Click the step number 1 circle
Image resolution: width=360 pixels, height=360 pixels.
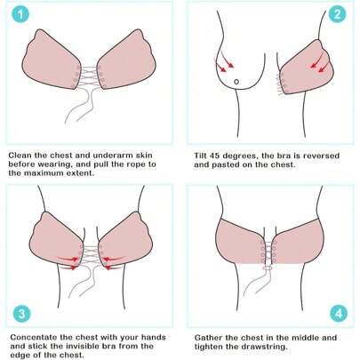(x=17, y=16)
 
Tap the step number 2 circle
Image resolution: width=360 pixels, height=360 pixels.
(x=336, y=15)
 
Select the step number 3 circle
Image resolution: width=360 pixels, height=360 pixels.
(x=17, y=314)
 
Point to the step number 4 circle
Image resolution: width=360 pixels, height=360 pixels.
(x=337, y=314)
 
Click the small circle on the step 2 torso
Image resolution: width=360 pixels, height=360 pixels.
(x=237, y=83)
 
